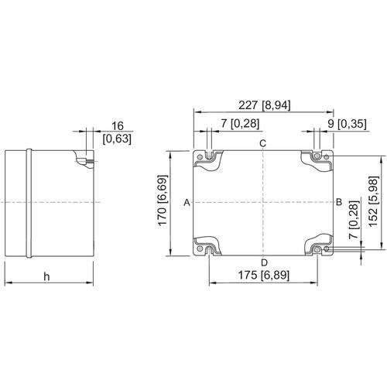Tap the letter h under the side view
point(46,277)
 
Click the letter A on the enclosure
point(187,203)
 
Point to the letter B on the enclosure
point(338,202)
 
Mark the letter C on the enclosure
point(262,145)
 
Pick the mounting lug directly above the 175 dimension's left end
point(208,247)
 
